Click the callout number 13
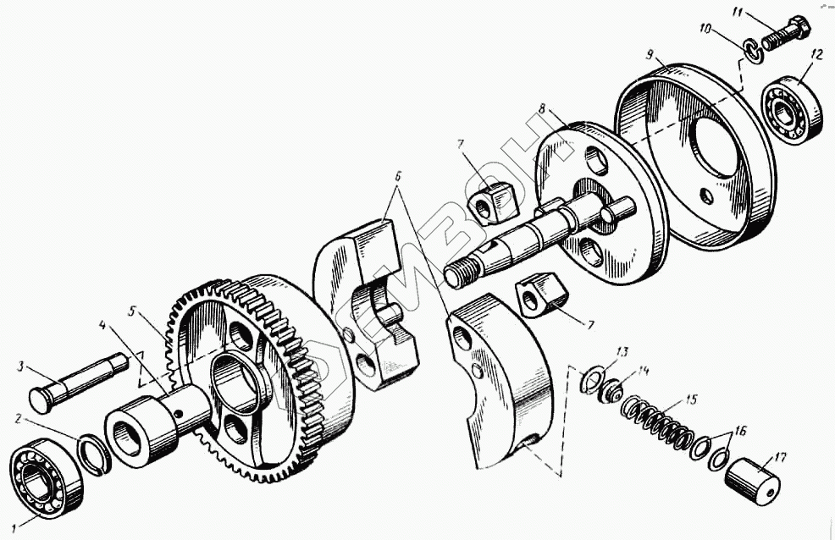coord(622,352)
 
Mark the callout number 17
coord(780,458)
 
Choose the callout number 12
coord(816,54)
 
